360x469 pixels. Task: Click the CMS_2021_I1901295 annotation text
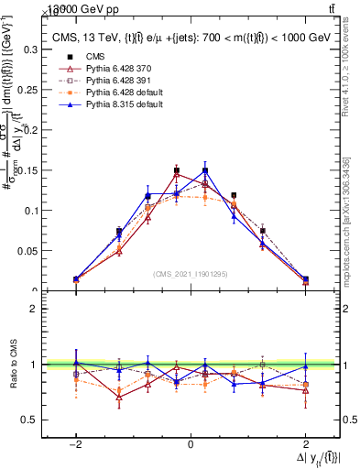(190, 274)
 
